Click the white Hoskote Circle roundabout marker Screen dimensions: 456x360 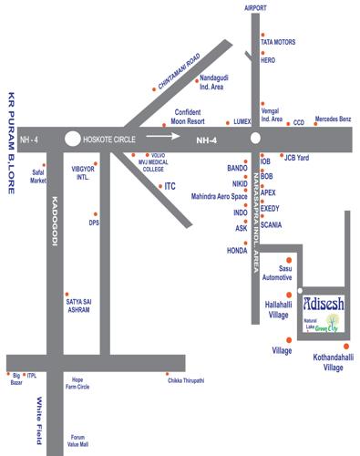pos(73,140)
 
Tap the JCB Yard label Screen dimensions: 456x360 pos(297,158)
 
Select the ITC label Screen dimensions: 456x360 pos(169,186)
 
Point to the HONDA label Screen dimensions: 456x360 pos(238,249)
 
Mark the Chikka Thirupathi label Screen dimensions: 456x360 pos(186,378)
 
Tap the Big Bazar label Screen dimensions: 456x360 pos(15,379)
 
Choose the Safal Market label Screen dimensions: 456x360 pos(37,176)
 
